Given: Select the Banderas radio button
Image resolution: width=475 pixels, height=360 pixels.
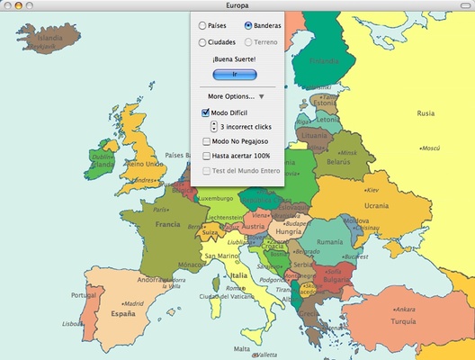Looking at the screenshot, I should click(x=248, y=26).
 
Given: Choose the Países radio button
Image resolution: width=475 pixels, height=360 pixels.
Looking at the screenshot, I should click(x=202, y=26).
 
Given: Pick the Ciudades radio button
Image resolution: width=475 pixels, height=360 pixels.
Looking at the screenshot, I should click(x=202, y=42).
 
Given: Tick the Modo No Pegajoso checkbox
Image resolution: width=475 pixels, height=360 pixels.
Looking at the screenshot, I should click(x=206, y=142).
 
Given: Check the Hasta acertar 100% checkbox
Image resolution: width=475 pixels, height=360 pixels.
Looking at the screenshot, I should click(x=206, y=156).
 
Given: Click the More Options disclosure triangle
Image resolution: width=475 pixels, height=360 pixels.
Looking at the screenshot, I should click(x=261, y=96).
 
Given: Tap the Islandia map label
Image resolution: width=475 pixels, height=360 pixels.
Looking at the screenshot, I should click(x=50, y=39).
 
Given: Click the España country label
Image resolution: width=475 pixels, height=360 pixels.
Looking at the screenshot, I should click(x=123, y=314).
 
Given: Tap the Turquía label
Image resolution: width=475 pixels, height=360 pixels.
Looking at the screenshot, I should click(x=403, y=321).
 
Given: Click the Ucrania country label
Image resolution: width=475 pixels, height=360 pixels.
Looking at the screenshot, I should click(x=375, y=206).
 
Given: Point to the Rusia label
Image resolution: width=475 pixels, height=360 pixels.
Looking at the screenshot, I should click(x=426, y=113).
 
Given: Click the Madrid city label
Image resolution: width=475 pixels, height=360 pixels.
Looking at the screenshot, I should click(x=134, y=303).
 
